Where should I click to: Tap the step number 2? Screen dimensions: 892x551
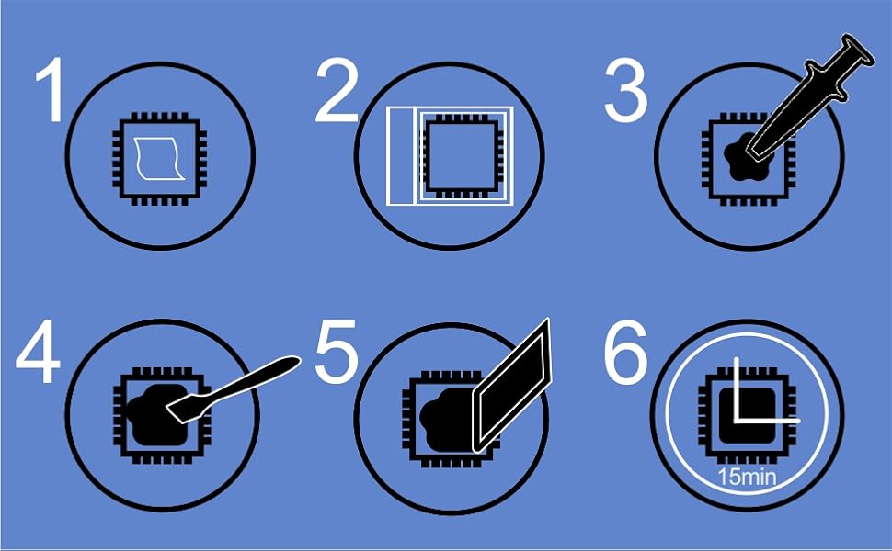click(x=337, y=91)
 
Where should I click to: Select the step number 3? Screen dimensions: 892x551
click(x=625, y=91)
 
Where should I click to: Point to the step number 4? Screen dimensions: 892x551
click(x=38, y=352)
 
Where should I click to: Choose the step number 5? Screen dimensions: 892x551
click(x=337, y=352)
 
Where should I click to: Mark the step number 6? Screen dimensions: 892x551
click(x=625, y=353)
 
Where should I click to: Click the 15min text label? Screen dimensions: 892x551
click(x=747, y=477)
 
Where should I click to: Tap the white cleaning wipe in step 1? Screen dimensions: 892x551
click(x=159, y=159)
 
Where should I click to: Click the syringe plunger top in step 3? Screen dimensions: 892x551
click(x=859, y=50)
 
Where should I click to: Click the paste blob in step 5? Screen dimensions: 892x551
click(x=447, y=419)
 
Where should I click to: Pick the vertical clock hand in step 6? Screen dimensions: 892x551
click(x=737, y=389)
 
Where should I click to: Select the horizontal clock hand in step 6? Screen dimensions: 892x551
click(x=767, y=421)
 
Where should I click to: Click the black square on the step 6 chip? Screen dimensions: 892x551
click(x=747, y=415)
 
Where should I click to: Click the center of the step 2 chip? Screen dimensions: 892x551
click(x=463, y=155)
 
